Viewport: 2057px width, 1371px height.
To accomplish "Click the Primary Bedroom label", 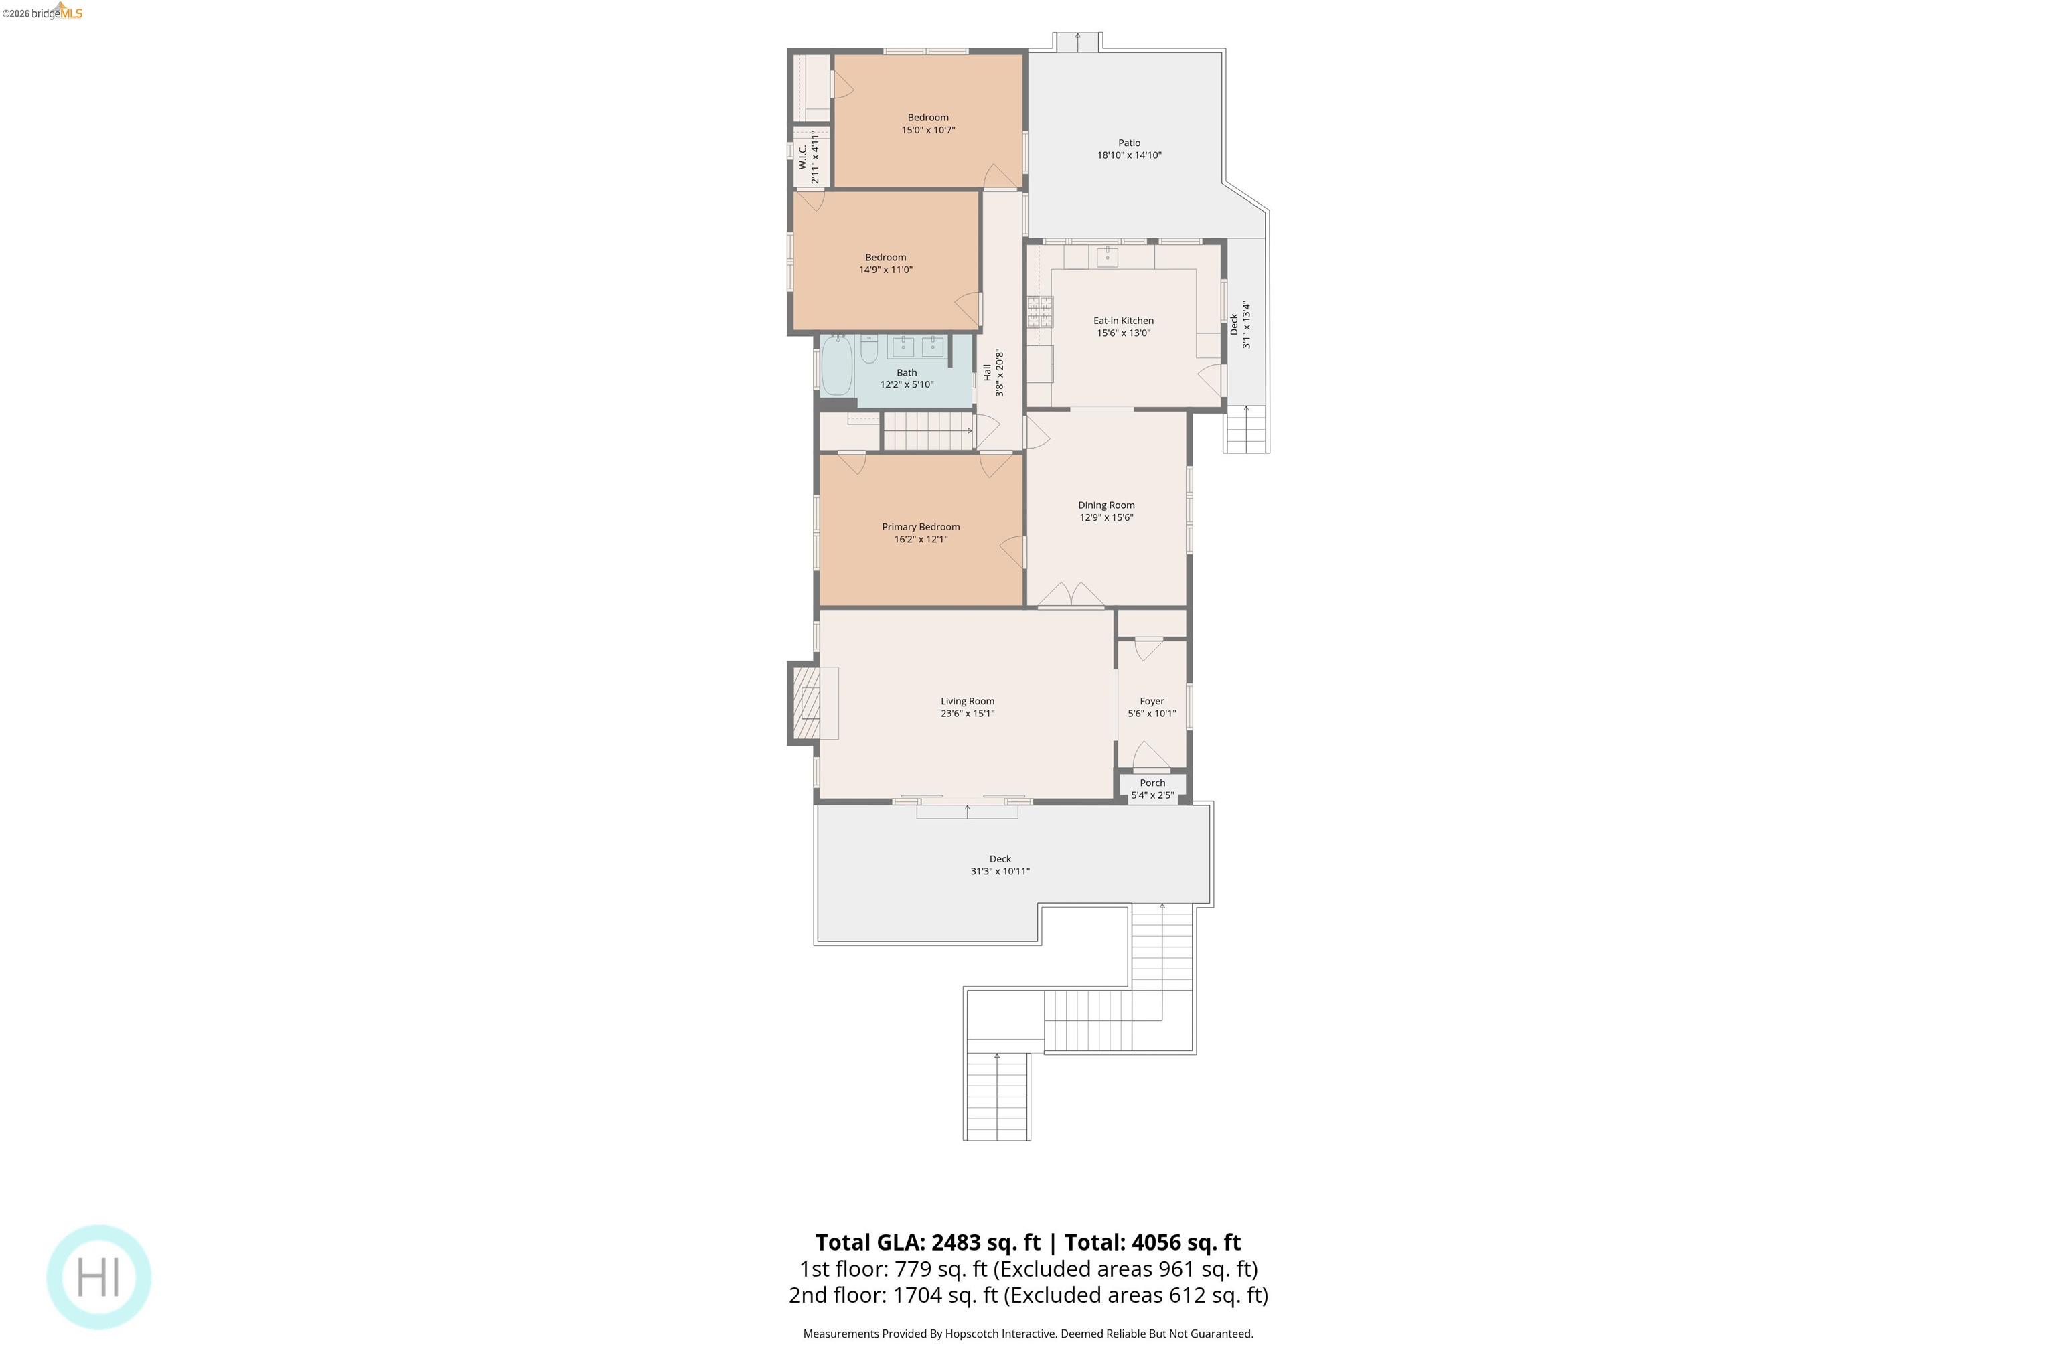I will (x=920, y=526).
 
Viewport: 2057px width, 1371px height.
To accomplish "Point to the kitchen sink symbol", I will (x=1108, y=256).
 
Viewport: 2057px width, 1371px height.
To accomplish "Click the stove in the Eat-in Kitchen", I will (x=1040, y=311).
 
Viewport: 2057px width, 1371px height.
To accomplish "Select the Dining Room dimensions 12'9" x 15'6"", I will (x=1106, y=517).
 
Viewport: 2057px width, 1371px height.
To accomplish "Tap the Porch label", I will (x=1152, y=783).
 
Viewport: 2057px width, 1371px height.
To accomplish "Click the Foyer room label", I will (x=1151, y=702).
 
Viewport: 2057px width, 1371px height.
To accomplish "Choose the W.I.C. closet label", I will (x=803, y=157).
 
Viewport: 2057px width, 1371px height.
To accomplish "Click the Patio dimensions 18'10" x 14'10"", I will (x=1128, y=155).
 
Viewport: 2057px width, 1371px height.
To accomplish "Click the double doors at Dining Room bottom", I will (x=1071, y=594).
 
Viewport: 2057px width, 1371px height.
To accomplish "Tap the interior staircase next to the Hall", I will (x=927, y=432).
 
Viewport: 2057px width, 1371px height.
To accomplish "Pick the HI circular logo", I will (x=99, y=1277).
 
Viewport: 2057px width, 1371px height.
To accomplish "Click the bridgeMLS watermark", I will (x=44, y=12).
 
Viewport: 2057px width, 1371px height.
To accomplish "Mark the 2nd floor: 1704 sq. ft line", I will (x=1028, y=1295).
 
